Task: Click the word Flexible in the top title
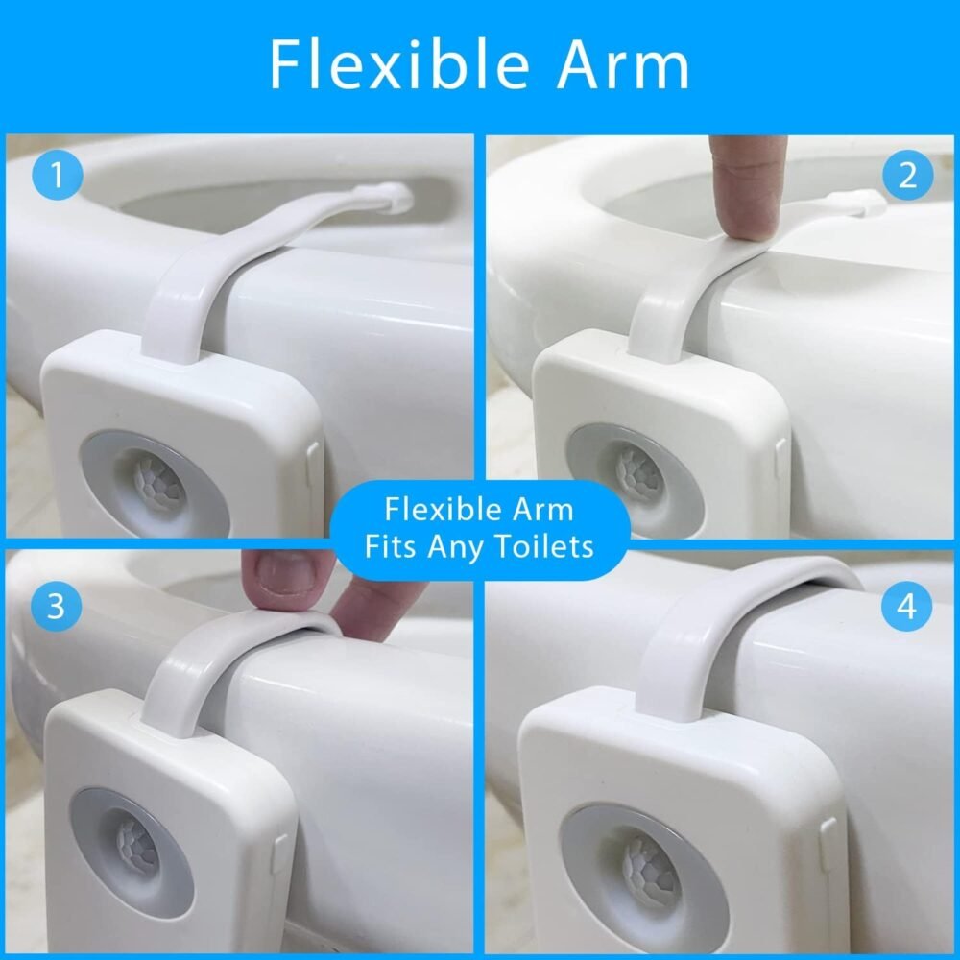[399, 65]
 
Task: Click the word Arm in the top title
[623, 66]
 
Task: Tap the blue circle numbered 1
[57, 175]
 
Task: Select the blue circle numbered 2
[907, 175]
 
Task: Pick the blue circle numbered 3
[56, 606]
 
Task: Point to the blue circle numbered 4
[906, 606]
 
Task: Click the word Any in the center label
[455, 547]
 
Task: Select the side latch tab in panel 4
[830, 845]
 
